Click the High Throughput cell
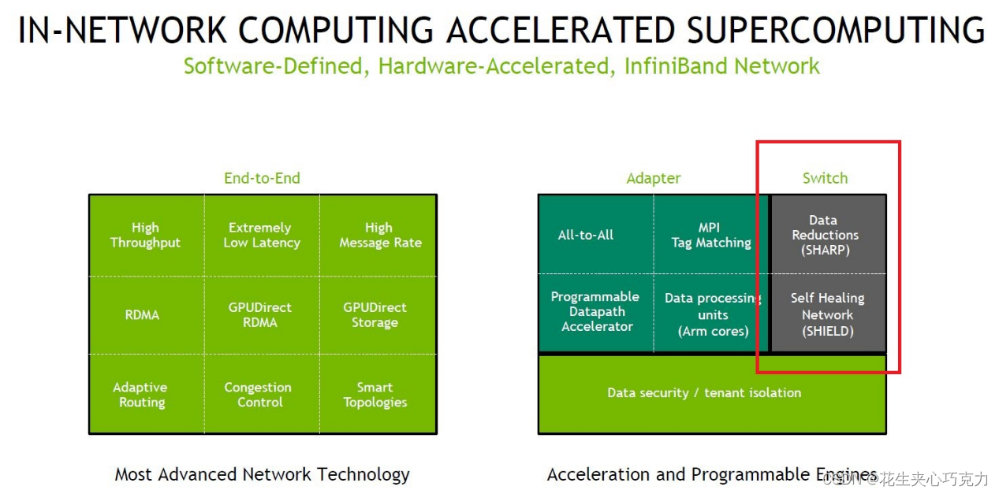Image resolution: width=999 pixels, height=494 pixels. pyautogui.click(x=145, y=235)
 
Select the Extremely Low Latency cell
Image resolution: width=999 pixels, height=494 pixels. pyautogui.click(x=261, y=235)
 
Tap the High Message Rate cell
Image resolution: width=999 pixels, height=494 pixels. pyautogui.click(x=379, y=235)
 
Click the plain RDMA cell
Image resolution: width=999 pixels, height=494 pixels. pyautogui.click(x=142, y=315)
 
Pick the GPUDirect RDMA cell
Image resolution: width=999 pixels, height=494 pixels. pyautogui.click(x=260, y=314)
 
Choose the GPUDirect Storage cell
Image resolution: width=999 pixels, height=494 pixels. pyautogui.click(x=375, y=314)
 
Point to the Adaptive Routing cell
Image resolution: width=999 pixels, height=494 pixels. pyautogui.click(x=141, y=395)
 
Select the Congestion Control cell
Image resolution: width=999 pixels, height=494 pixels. pyautogui.click(x=259, y=395)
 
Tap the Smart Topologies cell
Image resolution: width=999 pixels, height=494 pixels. pyautogui.click(x=375, y=395)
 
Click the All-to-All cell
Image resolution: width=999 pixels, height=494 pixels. pyautogui.click(x=586, y=235)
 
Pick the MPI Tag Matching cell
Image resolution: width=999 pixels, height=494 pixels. pyautogui.click(x=710, y=235)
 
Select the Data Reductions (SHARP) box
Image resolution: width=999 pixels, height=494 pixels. pyautogui.click(x=826, y=235)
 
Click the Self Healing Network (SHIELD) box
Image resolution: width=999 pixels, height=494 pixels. pyautogui.click(x=828, y=314)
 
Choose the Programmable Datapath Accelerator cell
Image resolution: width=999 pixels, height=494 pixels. pyautogui.click(x=595, y=312)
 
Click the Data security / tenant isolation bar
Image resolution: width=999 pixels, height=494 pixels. pyautogui.click(x=704, y=393)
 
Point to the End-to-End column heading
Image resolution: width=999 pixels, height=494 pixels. pyautogui.click(x=262, y=178)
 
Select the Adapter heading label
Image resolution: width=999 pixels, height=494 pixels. pyautogui.click(x=654, y=178)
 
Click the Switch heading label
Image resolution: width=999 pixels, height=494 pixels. pyautogui.click(x=825, y=178)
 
